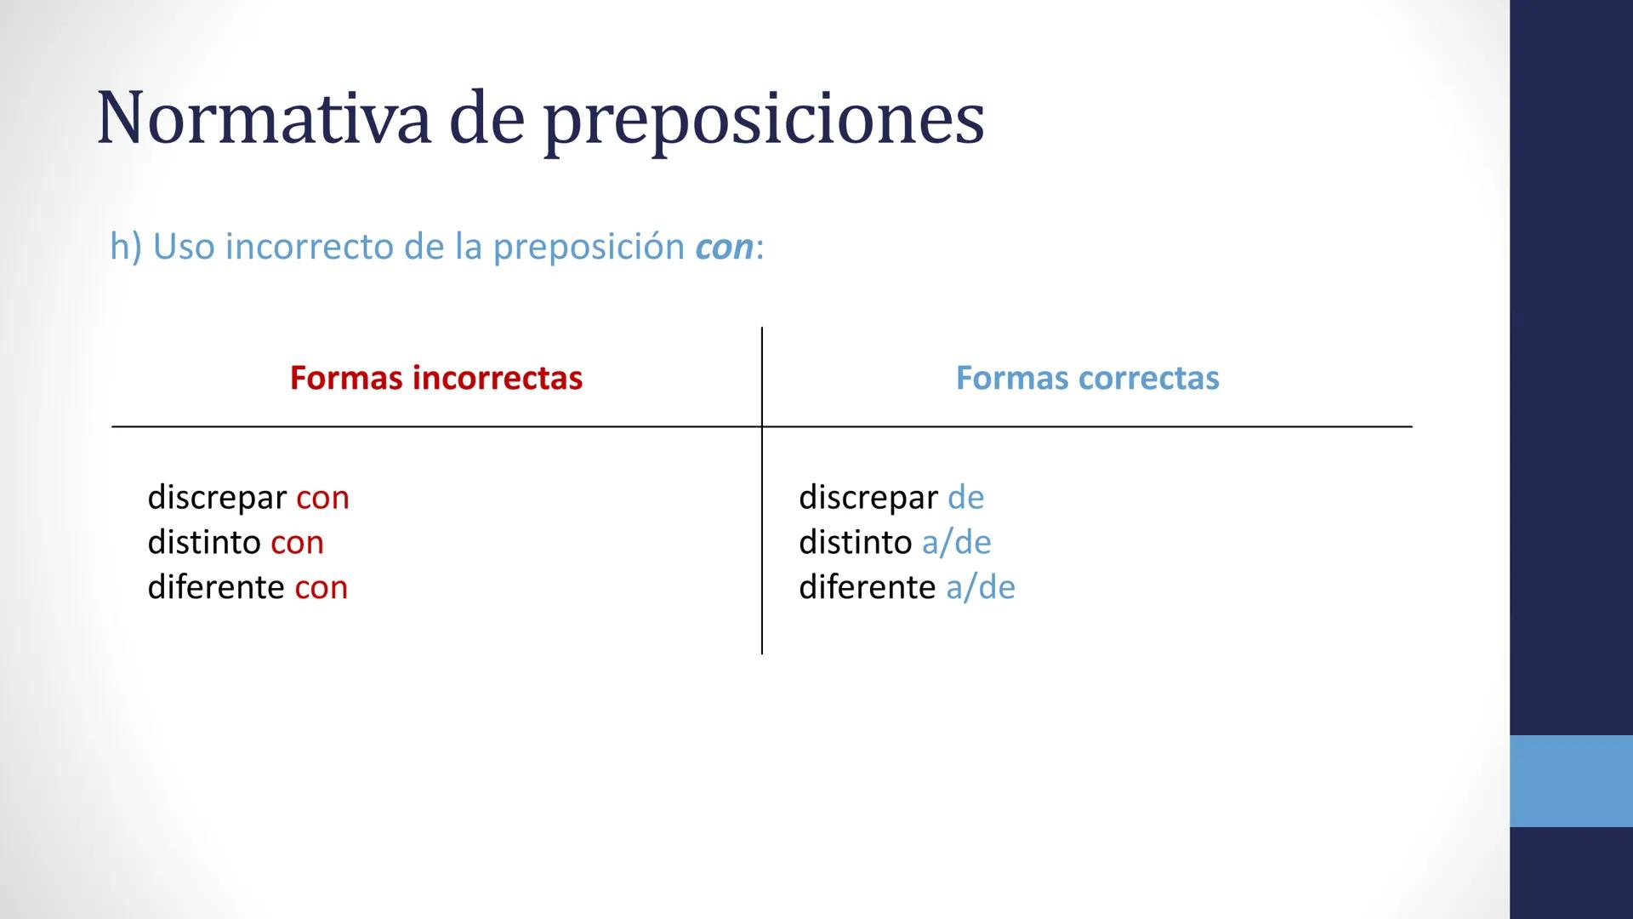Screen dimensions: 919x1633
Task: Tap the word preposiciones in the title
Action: tap(764, 121)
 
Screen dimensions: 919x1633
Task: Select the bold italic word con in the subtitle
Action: tap(724, 248)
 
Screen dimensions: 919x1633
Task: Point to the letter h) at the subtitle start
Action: tap(125, 247)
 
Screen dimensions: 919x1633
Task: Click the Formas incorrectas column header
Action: tap(435, 378)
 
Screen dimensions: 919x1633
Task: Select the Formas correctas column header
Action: tap(1087, 378)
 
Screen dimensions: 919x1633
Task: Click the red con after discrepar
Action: tap(322, 498)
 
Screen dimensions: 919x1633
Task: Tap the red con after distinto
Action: tap(297, 543)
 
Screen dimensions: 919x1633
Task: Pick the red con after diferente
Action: tap(321, 588)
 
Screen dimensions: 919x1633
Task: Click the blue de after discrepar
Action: tap(965, 497)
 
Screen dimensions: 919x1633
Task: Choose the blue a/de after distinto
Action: tap(956, 542)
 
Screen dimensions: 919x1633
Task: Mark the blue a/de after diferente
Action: tap(980, 587)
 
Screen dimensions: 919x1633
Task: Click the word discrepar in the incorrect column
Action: tap(217, 498)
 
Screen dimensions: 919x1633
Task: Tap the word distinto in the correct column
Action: tap(855, 542)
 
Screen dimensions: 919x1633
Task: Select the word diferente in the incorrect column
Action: tap(216, 587)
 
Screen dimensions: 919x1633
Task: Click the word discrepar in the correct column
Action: tap(868, 498)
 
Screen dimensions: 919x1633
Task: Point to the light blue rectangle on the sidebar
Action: tap(1571, 780)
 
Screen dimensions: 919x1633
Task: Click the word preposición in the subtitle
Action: tap(589, 248)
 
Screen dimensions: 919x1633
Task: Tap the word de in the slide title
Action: tap(486, 119)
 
